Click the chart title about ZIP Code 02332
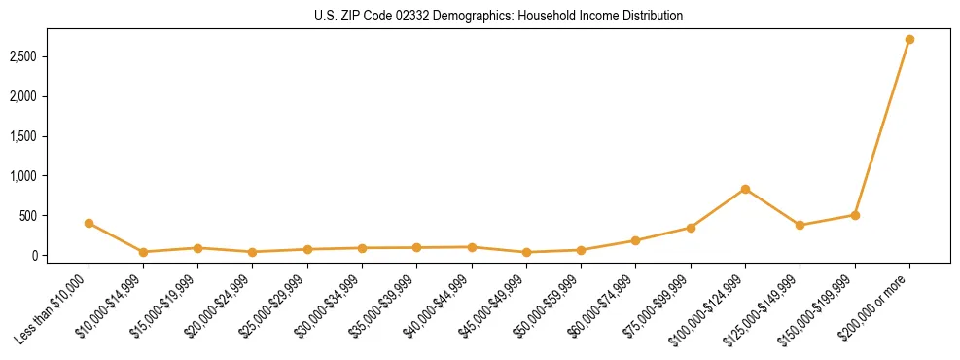[x=499, y=17]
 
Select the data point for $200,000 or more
[x=909, y=40]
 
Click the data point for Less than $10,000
[x=89, y=223]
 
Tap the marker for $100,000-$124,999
[x=745, y=189]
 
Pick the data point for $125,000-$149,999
[x=800, y=225]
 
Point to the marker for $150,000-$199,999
[x=855, y=215]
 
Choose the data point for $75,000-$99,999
[x=691, y=228]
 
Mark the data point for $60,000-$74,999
[x=635, y=240]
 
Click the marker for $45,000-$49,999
[x=526, y=252]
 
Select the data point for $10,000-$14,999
[x=143, y=252]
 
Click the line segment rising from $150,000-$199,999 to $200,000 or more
[x=882, y=127]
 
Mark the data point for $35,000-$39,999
[x=416, y=247]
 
